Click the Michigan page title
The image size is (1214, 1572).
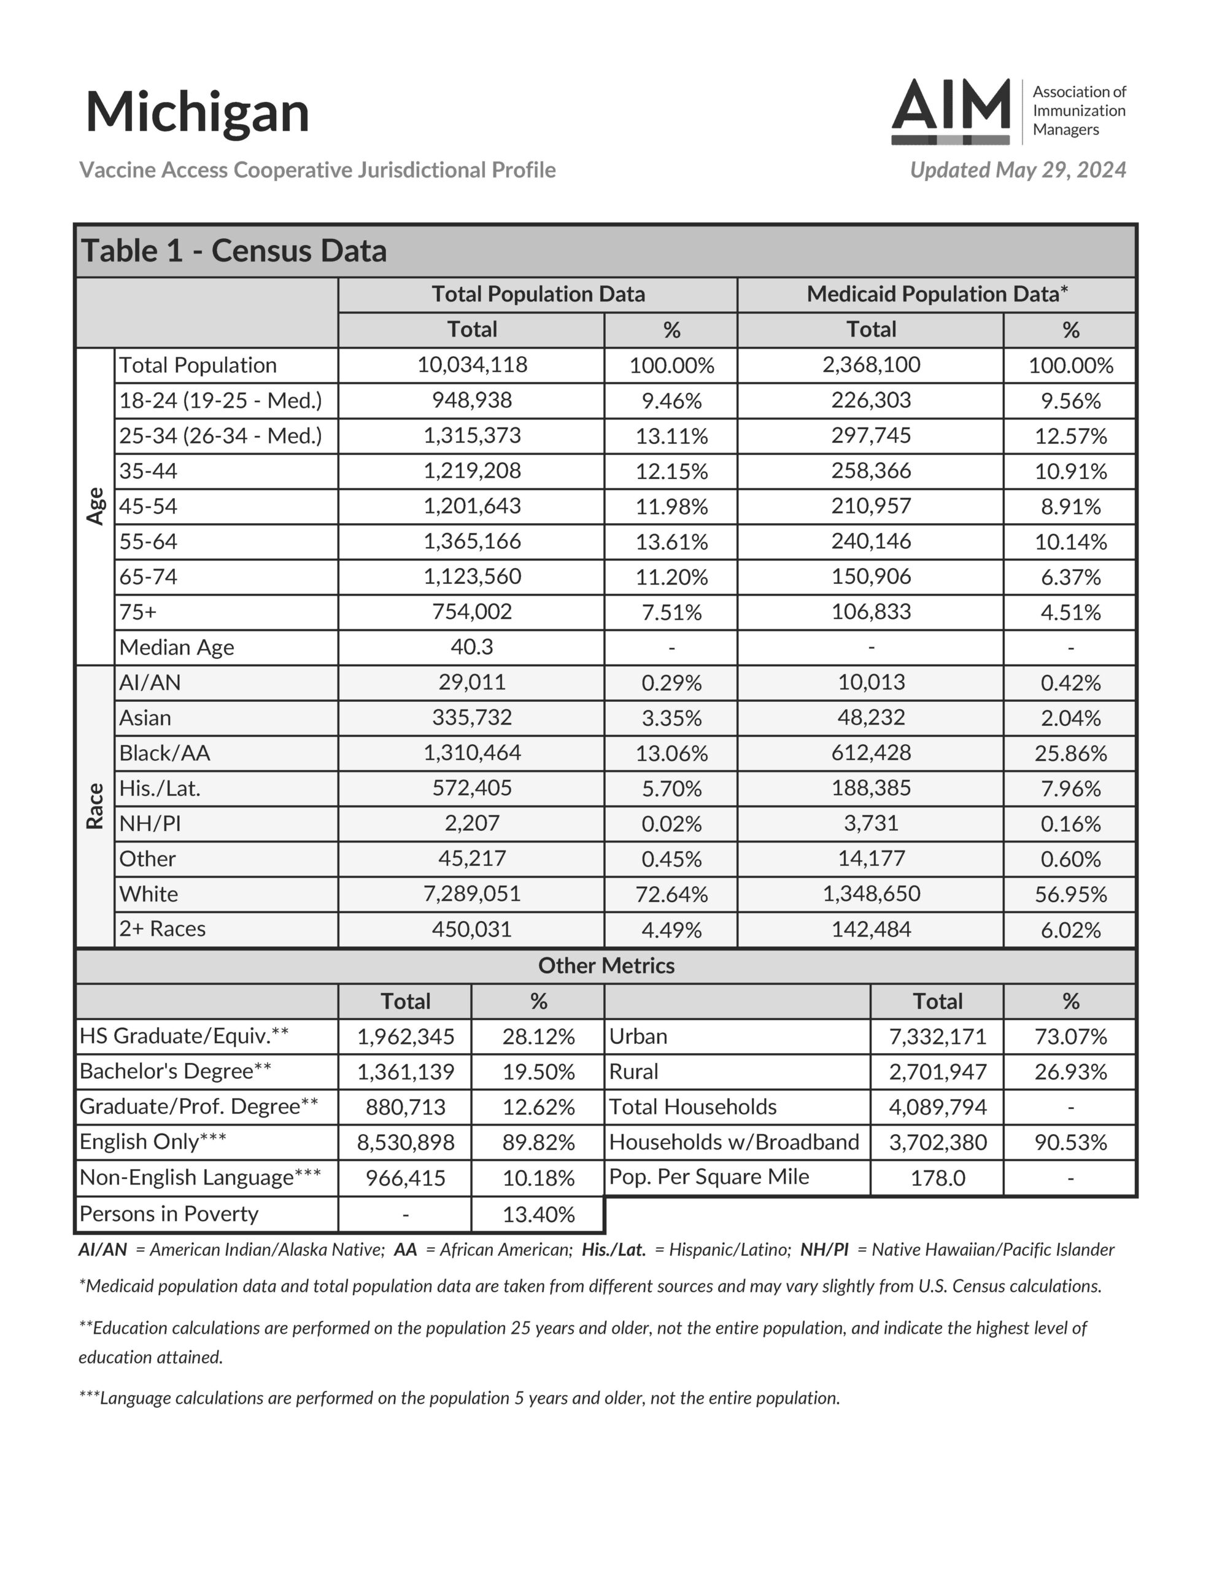(x=197, y=112)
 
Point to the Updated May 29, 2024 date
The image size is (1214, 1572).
(x=1018, y=170)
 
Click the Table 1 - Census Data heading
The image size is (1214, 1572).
(x=234, y=251)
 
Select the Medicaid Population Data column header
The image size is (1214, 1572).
(x=936, y=294)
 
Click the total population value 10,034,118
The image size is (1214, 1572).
(x=472, y=365)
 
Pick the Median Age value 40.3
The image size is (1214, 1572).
(x=472, y=647)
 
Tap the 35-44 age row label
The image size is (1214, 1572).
(x=149, y=472)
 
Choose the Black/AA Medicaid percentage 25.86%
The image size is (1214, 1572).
(x=1070, y=753)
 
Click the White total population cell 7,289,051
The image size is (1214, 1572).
(x=472, y=894)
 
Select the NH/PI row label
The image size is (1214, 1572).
(x=150, y=823)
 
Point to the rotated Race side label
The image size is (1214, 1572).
(x=95, y=806)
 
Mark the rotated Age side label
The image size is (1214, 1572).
(x=95, y=506)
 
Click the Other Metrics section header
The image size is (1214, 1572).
(x=606, y=966)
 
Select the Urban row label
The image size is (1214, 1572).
(x=638, y=1037)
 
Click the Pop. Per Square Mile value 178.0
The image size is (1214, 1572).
(x=937, y=1178)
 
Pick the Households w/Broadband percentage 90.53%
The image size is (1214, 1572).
(x=1070, y=1142)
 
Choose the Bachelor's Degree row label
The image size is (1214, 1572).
(x=175, y=1072)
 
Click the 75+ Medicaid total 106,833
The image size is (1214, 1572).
(x=871, y=612)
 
